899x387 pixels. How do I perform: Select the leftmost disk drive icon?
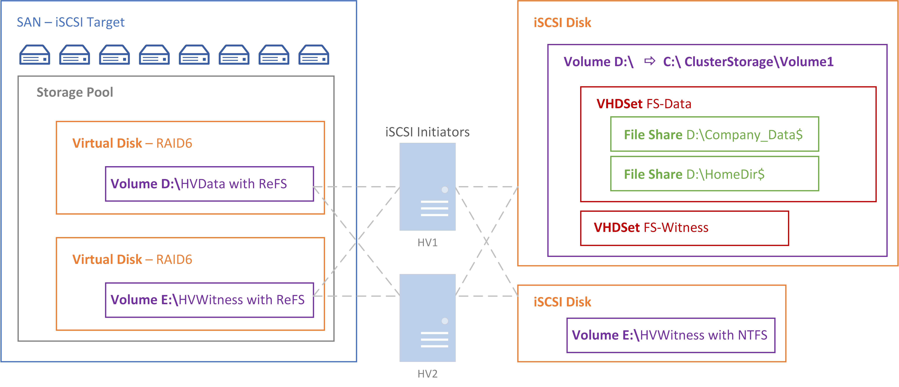pyautogui.click(x=35, y=55)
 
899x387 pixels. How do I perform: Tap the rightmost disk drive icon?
pyautogui.click(x=314, y=55)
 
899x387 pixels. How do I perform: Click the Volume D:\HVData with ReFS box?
pyautogui.click(x=209, y=184)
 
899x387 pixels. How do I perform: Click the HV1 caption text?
pyautogui.click(x=427, y=243)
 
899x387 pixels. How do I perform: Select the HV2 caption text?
pyautogui.click(x=427, y=374)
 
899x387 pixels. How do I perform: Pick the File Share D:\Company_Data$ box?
pyautogui.click(x=714, y=134)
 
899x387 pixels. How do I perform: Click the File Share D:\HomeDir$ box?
pyautogui.click(x=714, y=174)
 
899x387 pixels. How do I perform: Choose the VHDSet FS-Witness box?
pyautogui.click(x=684, y=228)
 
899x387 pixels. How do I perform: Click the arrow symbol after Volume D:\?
pyautogui.click(x=649, y=61)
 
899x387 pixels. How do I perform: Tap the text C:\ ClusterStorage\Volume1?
pyautogui.click(x=748, y=62)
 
